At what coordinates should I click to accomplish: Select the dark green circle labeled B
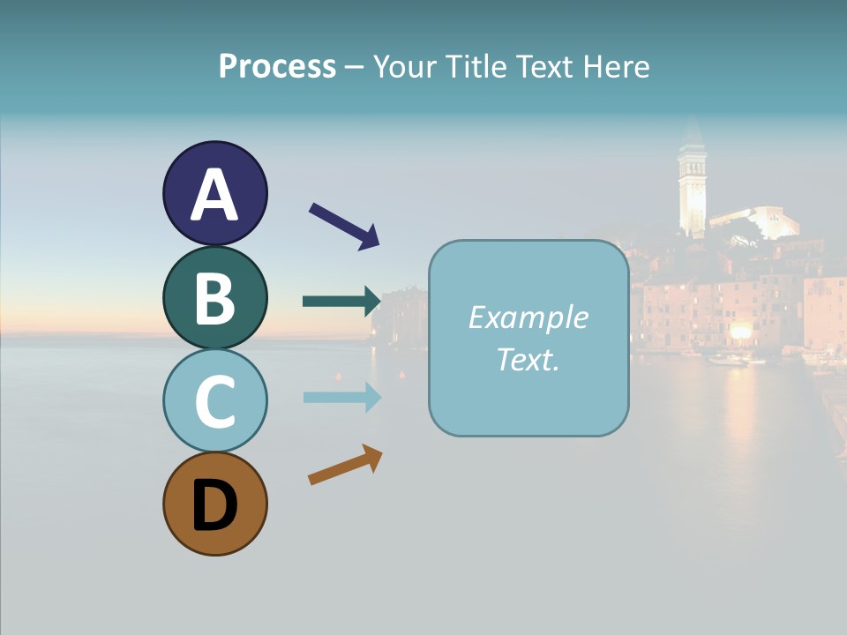point(214,297)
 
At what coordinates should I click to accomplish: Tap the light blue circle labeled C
point(214,400)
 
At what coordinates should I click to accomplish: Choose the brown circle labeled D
point(214,504)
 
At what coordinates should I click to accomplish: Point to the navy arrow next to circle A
point(344,225)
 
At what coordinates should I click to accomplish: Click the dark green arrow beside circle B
point(341,302)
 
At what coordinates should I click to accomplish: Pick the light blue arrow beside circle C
point(341,397)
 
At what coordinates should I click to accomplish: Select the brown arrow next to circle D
point(345,465)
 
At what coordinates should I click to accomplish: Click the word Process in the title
point(277,67)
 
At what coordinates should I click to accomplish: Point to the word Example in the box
point(528,317)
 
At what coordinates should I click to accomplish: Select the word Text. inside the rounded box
point(528,359)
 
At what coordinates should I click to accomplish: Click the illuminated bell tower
point(692,190)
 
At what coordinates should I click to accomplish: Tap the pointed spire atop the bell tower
point(692,132)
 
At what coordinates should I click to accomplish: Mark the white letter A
point(214,195)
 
